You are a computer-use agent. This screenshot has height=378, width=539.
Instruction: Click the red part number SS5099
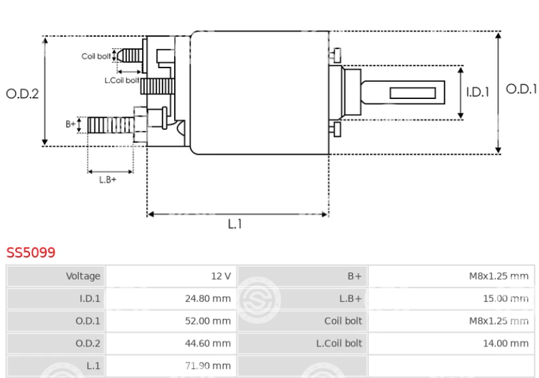31,252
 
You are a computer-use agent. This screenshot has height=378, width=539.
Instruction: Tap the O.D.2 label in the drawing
22,94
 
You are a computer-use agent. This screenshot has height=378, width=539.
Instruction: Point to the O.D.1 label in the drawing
521,89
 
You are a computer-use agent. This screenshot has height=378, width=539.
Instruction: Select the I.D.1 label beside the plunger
477,92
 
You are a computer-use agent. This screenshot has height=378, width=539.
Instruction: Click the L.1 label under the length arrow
234,224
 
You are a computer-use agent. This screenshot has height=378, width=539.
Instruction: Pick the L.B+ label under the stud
107,180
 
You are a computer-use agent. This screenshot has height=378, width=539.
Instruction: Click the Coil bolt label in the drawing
96,56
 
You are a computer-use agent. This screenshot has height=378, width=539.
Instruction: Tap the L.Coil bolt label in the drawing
122,81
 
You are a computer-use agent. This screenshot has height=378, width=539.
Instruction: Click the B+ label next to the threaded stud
71,124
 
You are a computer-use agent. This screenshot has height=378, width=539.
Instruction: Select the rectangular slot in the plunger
413,93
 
